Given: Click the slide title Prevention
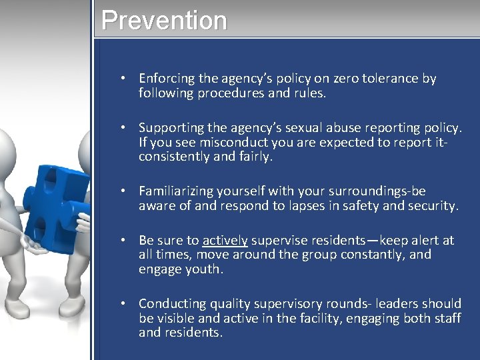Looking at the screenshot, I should coord(164,20).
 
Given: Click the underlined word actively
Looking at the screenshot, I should coord(225,240).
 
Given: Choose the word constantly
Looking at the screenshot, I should coord(350,255).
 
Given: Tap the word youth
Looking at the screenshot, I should coord(204,269).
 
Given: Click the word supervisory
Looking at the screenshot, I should coord(309,303).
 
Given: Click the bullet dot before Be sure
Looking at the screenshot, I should coord(124,240).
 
